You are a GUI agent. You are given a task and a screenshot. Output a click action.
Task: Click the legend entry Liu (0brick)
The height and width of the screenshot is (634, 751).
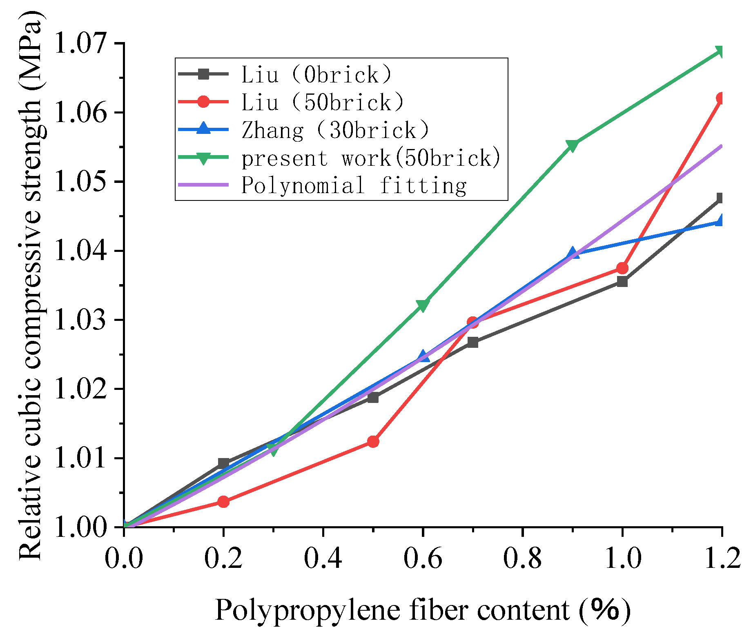click(316, 74)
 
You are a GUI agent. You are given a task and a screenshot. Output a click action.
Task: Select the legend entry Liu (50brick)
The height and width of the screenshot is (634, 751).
click(323, 102)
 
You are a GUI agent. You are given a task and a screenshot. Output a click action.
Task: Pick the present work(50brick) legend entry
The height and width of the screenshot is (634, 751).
click(371, 158)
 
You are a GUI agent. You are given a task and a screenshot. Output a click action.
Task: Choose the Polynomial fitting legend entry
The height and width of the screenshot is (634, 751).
click(354, 185)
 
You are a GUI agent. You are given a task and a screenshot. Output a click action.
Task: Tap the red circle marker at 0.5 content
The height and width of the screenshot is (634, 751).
click(373, 441)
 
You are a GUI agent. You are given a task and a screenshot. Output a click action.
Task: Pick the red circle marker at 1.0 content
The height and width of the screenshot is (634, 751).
click(622, 268)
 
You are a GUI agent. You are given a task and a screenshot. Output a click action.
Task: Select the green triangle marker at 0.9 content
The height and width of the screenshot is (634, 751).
click(572, 145)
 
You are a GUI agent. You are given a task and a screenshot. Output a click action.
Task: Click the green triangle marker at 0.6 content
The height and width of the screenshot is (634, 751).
click(423, 305)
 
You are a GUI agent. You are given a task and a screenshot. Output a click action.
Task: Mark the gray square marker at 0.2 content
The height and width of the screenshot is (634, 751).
click(223, 463)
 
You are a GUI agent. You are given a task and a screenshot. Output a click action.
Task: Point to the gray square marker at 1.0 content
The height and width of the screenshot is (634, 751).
click(622, 282)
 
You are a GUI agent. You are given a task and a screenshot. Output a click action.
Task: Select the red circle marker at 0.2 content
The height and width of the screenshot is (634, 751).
click(223, 502)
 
